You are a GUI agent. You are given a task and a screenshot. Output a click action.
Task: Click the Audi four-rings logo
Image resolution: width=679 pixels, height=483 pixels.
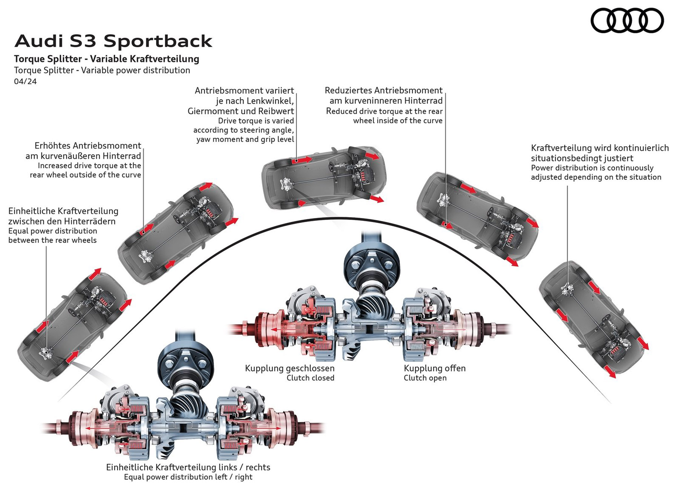[x=627, y=21]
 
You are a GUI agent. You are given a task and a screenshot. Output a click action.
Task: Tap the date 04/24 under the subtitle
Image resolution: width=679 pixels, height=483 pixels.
[x=25, y=81]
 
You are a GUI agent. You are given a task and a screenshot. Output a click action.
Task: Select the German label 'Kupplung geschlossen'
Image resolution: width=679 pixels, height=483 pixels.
[x=290, y=368]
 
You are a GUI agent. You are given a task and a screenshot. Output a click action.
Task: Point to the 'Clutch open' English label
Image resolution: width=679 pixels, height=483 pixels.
[x=425, y=378]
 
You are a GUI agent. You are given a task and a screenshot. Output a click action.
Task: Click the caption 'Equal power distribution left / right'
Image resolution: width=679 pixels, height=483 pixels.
[x=188, y=477]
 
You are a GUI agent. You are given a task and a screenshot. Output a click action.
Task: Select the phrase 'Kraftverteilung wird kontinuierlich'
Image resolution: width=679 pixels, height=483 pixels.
[x=599, y=148]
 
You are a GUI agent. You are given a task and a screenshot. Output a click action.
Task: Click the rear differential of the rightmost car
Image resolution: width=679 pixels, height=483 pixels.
[x=566, y=290]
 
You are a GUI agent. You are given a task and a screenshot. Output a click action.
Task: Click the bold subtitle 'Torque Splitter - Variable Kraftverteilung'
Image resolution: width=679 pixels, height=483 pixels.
[x=106, y=59]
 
